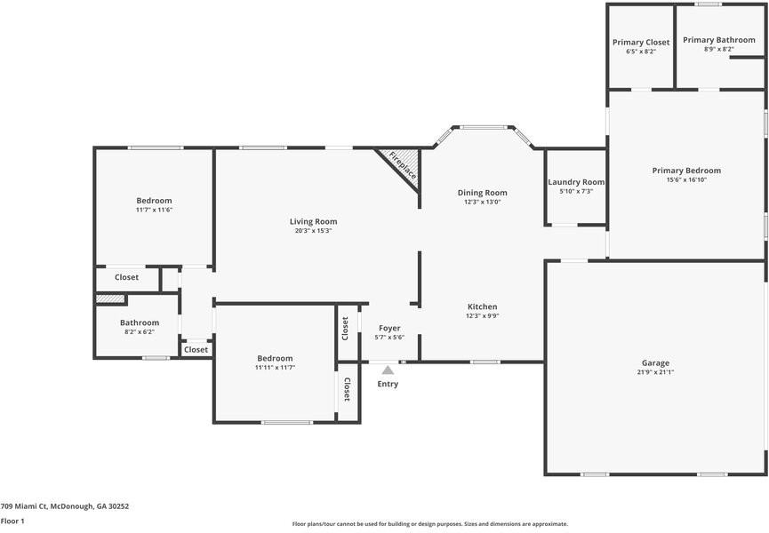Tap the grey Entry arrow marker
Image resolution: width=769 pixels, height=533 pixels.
388,370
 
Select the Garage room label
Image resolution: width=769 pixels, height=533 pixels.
655,363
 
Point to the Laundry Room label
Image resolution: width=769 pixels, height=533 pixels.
576,182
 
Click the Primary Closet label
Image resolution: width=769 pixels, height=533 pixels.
641,43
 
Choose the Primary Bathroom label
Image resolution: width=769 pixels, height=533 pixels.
719,40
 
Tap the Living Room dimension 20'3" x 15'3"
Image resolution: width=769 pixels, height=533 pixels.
314,231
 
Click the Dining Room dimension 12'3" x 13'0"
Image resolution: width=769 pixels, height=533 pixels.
483,202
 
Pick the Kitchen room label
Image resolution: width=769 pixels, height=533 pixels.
483,306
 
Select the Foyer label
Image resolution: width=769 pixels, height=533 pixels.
389,328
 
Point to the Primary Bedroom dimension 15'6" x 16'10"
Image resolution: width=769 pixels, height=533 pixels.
686,179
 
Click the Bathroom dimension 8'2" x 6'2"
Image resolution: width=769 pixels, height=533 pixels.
140,331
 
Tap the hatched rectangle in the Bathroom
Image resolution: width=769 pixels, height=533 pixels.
110,298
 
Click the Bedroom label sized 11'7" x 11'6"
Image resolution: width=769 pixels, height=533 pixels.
154,201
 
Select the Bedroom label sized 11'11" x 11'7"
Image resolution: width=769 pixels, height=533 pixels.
275,359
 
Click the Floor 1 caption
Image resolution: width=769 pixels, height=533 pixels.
12,521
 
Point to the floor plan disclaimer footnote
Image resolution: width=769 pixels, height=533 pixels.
430,524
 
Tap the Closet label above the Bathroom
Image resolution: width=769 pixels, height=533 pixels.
126,277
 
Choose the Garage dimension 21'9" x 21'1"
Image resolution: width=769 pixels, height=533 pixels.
655,372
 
